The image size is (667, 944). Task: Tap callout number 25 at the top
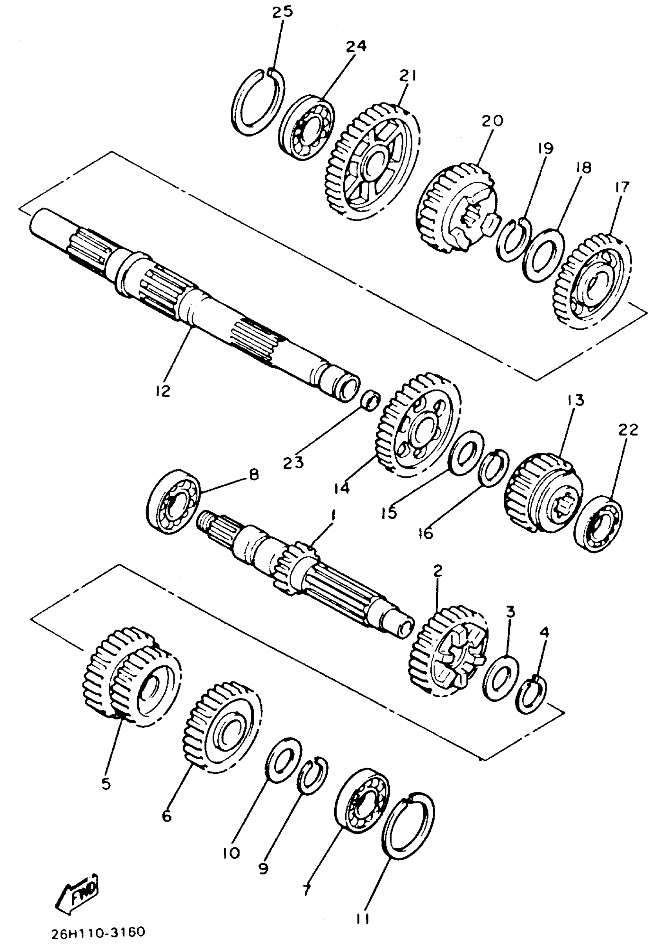282,12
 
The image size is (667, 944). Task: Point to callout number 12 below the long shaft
163,391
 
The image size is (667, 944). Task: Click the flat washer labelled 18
543,254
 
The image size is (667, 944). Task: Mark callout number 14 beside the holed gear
342,488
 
